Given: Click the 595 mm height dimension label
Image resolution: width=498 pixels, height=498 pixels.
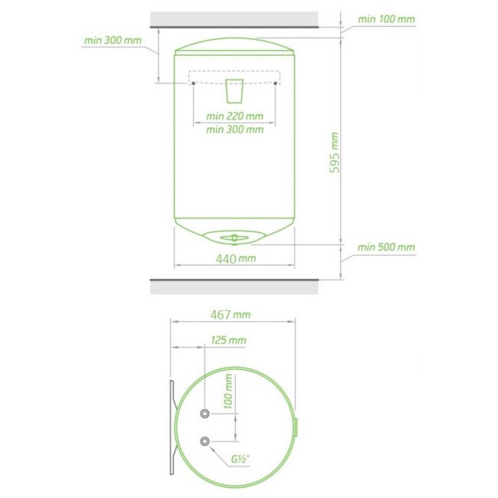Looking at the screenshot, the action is [x=334, y=152].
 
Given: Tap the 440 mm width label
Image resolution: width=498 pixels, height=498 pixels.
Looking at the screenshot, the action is [x=236, y=259].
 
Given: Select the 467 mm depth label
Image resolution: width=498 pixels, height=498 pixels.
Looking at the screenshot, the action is [x=231, y=315].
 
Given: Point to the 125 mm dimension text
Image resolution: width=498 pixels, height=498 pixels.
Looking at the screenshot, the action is [x=228, y=340].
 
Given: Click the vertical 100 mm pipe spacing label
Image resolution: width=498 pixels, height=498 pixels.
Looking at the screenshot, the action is [x=228, y=391].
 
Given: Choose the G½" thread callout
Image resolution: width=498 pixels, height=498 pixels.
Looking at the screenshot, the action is [x=240, y=459].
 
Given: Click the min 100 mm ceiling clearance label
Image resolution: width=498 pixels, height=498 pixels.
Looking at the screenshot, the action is [x=386, y=19].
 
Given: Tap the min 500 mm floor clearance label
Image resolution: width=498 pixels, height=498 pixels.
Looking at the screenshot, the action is [x=386, y=247].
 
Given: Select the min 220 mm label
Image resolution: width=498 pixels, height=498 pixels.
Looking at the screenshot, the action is [x=234, y=116].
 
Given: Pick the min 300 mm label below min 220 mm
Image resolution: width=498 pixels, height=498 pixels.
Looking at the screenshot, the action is [x=234, y=129].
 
